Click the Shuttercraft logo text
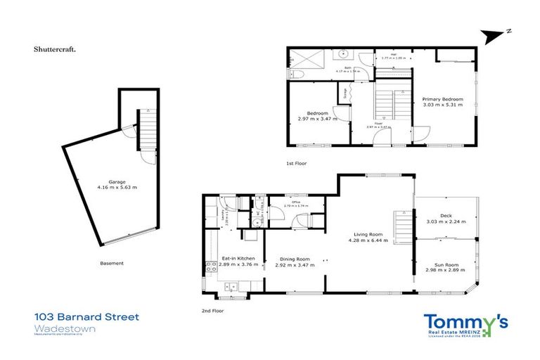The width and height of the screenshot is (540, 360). point(56,50)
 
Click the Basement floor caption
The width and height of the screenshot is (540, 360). point(112,263)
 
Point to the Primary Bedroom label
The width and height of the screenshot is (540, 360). point(441,100)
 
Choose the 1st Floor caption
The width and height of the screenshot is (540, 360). point(296,163)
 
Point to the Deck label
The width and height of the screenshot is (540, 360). point(445,216)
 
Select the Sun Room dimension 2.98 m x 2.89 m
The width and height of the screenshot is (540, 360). point(445,270)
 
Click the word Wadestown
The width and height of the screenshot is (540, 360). point(58,328)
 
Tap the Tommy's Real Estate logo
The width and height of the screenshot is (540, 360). point(465,324)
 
